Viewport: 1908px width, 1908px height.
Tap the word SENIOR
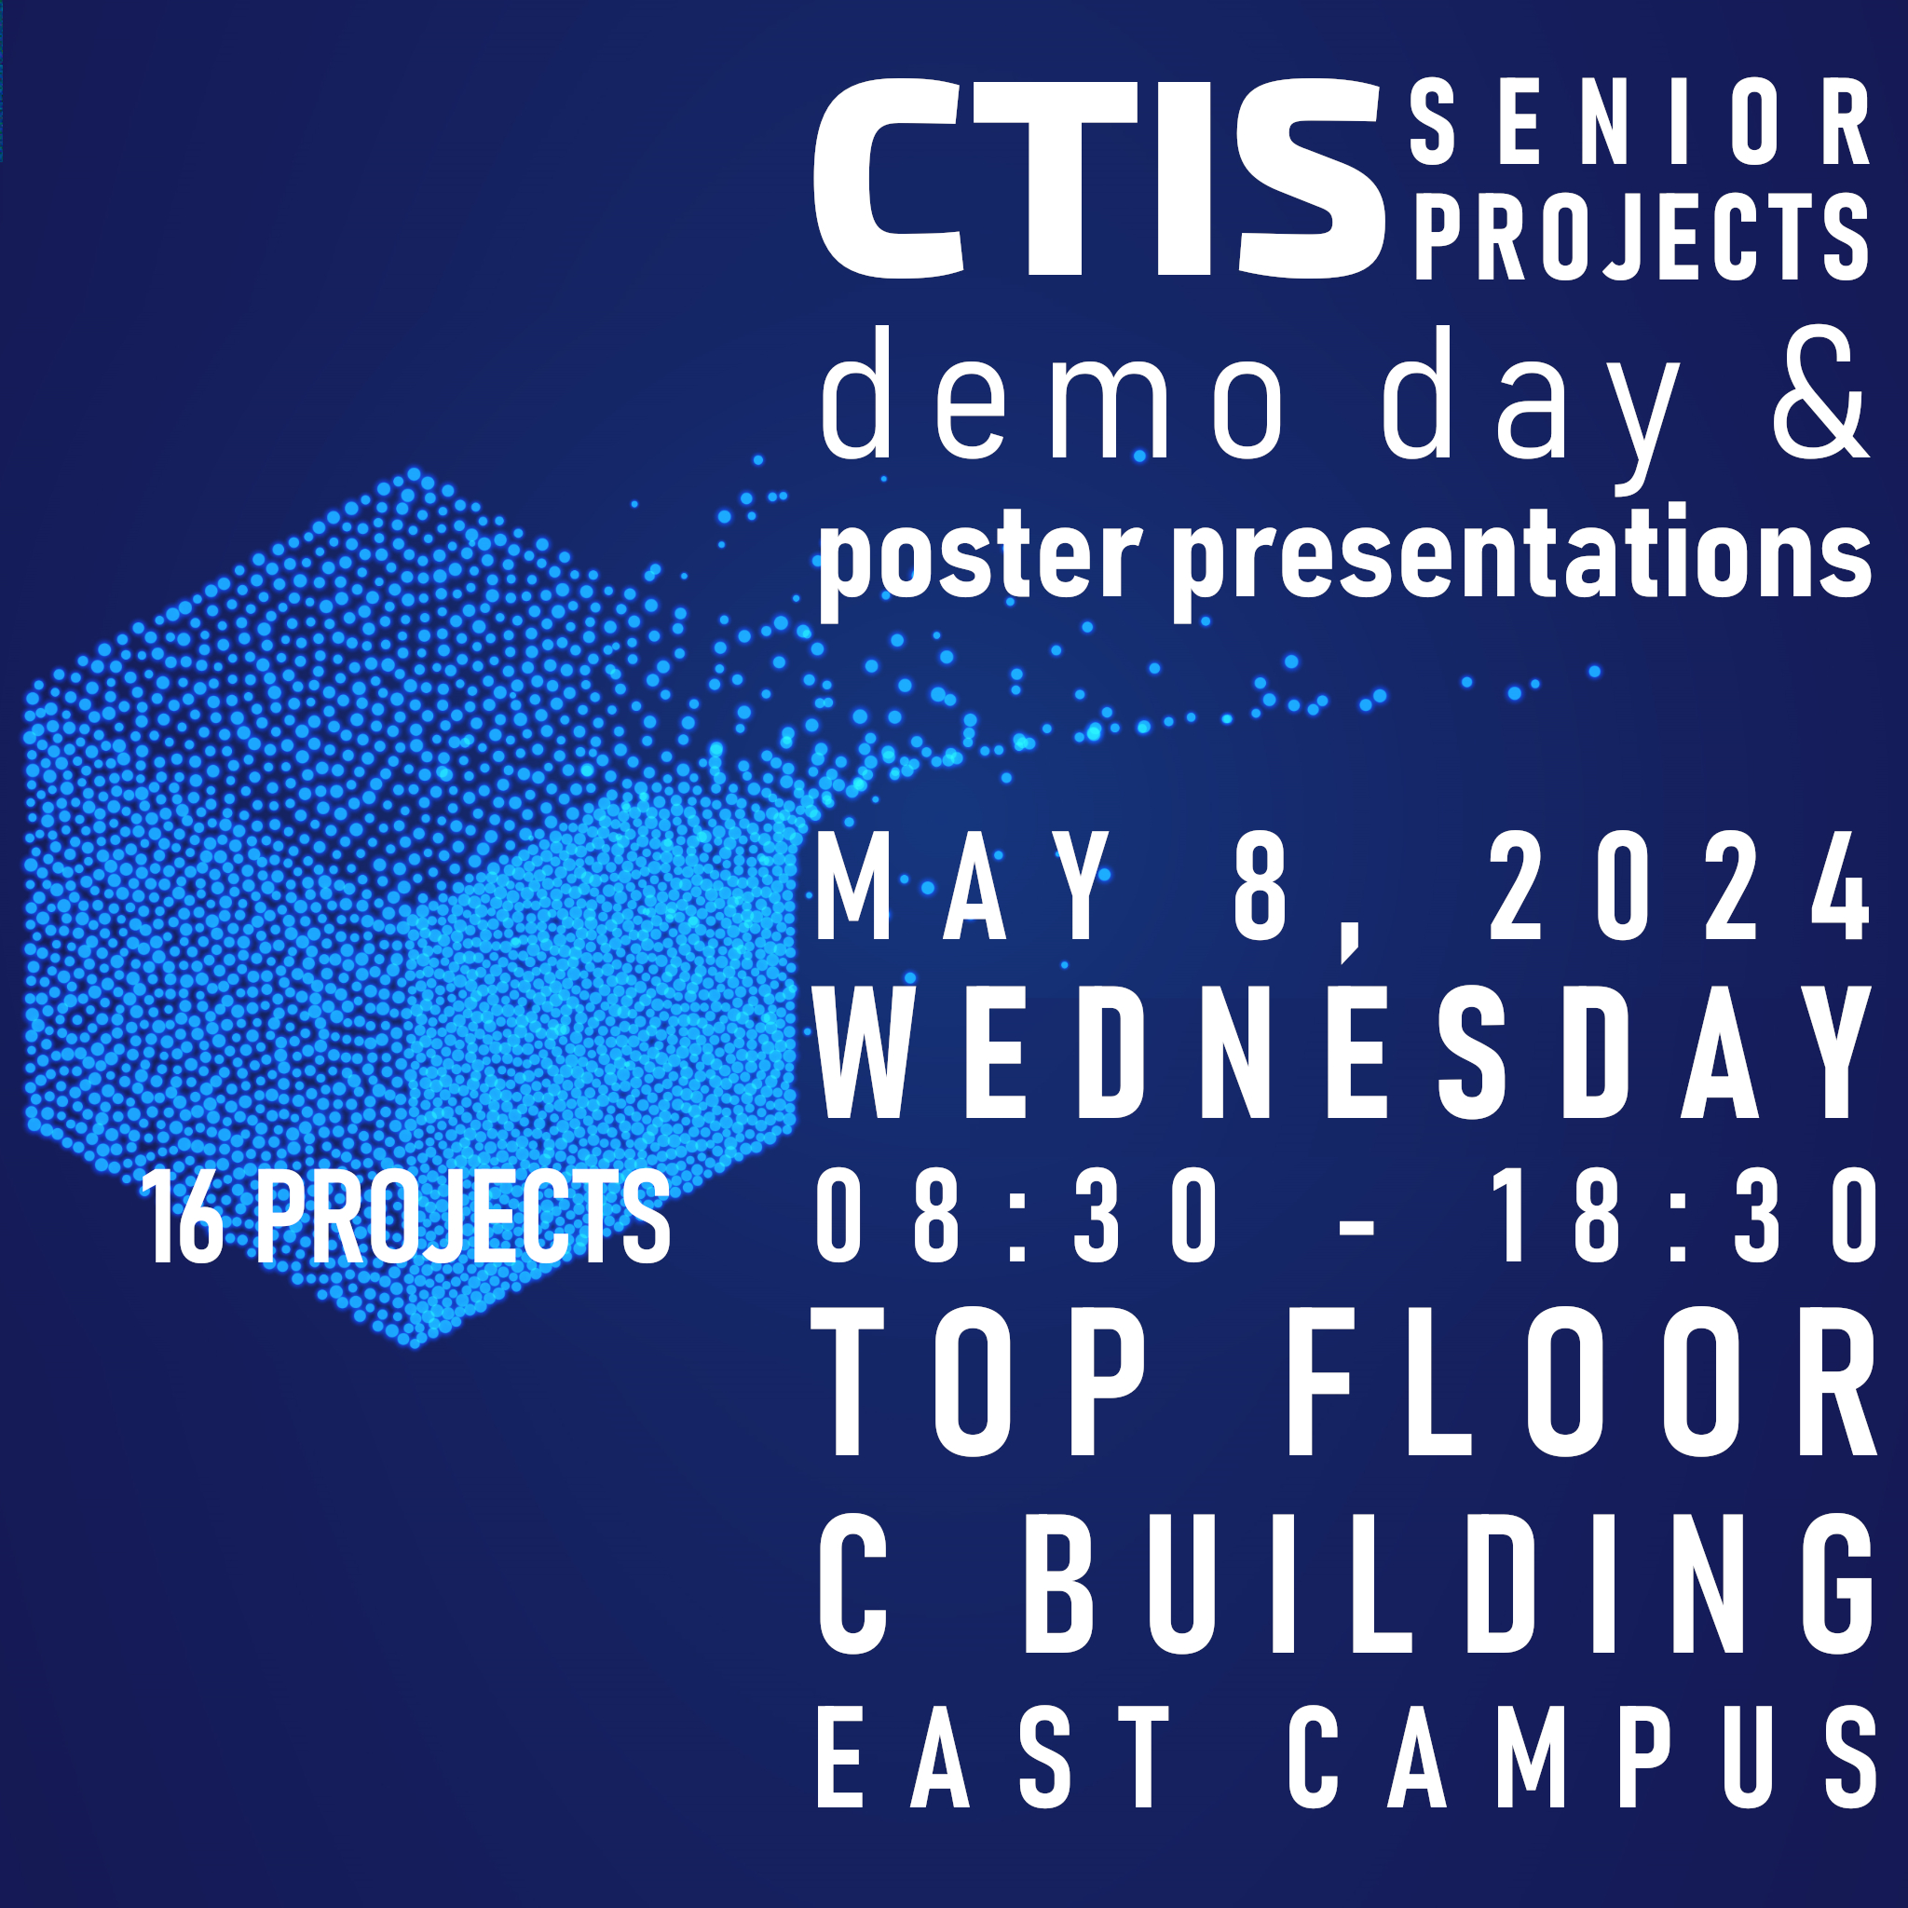1640,125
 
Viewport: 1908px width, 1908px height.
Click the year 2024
1679,886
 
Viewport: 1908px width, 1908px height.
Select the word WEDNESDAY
1344,1052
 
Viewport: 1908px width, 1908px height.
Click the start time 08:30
1018,1214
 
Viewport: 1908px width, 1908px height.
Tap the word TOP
980,1381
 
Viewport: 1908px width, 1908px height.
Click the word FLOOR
1580,1381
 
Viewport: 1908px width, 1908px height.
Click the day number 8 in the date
1261,886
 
